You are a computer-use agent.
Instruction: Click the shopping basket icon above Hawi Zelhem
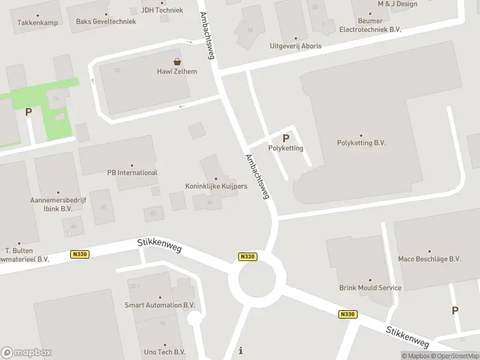(177, 61)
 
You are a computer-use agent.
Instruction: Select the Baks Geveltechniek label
(105, 22)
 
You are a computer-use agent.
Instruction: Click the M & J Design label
(397, 4)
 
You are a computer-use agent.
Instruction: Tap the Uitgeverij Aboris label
(295, 46)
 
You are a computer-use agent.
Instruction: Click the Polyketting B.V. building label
(361, 143)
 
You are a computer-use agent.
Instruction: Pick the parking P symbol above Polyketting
(286, 138)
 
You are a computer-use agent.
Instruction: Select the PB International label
(132, 173)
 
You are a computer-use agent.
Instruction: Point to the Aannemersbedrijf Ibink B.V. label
(51, 205)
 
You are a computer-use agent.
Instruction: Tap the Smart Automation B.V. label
(160, 305)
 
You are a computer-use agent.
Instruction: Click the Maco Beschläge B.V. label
(430, 259)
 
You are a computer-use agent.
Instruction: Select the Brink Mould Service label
(370, 287)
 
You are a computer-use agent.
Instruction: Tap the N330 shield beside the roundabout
(247, 257)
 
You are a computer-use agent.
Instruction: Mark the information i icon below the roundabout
(241, 350)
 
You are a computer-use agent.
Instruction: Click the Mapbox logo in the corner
(26, 353)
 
